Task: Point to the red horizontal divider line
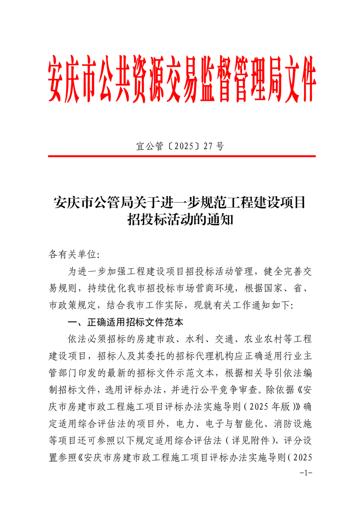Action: click(x=182, y=156)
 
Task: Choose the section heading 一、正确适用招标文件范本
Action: click(x=125, y=323)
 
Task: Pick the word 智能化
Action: click(x=248, y=423)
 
